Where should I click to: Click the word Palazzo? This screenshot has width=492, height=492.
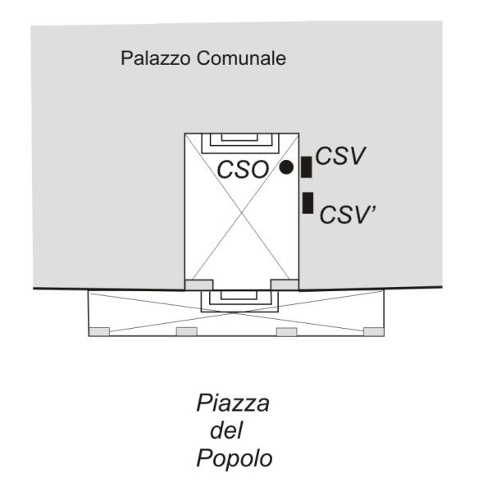[156, 58]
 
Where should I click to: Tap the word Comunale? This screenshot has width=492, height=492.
[242, 58]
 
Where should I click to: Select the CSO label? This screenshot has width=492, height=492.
[244, 170]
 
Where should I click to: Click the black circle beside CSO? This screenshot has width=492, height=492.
[286, 167]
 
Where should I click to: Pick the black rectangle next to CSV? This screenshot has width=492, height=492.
[306, 167]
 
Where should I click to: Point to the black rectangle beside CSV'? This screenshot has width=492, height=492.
[308, 203]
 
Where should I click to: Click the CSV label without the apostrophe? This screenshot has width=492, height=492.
[340, 156]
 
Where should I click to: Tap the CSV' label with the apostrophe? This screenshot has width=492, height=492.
[348, 215]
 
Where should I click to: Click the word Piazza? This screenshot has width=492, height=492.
[233, 403]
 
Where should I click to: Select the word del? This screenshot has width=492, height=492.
[226, 430]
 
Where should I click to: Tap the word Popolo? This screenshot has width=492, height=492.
[235, 458]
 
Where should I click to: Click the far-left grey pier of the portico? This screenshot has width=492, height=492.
[99, 331]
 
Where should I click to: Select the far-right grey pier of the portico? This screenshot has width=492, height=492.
[373, 331]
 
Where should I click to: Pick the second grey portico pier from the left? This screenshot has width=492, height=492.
[187, 331]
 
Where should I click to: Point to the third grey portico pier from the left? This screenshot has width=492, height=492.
[286, 331]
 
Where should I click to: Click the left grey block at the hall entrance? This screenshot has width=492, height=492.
[199, 285]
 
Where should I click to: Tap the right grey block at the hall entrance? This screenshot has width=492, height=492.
[285, 285]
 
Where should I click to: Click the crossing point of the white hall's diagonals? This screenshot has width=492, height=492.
[242, 213]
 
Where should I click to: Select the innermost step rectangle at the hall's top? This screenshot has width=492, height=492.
[239, 137]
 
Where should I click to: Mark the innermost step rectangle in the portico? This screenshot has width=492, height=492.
[239, 295]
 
